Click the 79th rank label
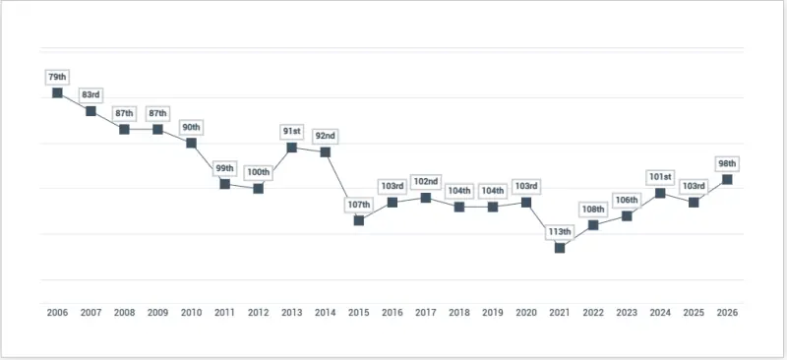[56, 76]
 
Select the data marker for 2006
[57, 92]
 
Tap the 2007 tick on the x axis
[91, 312]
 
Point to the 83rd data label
[91, 94]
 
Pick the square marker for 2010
[191, 143]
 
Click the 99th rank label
[224, 167]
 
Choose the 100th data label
[258, 171]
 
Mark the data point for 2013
[292, 148]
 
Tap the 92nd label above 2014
[325, 135]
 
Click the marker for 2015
[359, 220]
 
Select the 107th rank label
[358, 204]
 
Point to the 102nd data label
[425, 181]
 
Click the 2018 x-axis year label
[458, 312]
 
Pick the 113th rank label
[559, 231]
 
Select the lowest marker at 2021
[560, 248]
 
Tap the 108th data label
[593, 209]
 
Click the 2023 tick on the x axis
[627, 312]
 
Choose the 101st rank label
[660, 176]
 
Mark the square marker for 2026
[727, 179]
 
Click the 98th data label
[726, 162]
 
